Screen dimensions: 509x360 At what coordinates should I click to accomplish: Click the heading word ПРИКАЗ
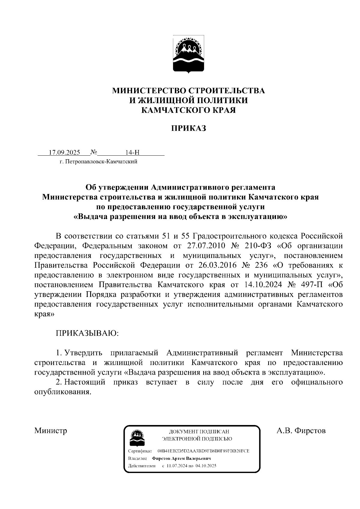pyautogui.click(x=189, y=129)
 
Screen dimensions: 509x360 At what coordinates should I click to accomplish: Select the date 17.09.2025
pyautogui.click(x=64, y=153)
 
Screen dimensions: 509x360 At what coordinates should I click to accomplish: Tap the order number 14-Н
pyautogui.click(x=132, y=153)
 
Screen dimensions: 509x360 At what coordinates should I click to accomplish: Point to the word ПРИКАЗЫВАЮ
pyautogui.click(x=87, y=334)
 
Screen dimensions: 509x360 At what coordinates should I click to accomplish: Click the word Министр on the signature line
pyautogui.click(x=51, y=431)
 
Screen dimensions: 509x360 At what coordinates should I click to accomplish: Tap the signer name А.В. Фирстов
pyautogui.click(x=301, y=431)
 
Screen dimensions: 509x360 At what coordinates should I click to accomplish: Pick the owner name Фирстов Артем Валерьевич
pyautogui.click(x=181, y=459)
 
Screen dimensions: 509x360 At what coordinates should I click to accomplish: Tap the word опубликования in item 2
pyautogui.click(x=62, y=392)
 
